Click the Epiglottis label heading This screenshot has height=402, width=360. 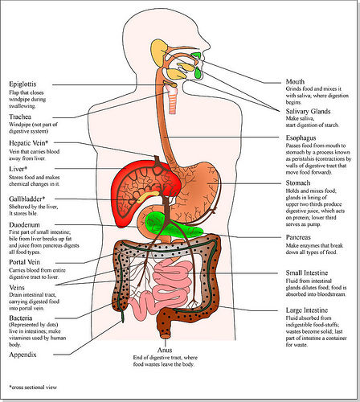point(22,84)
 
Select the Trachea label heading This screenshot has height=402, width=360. point(20,117)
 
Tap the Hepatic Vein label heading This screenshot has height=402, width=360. point(28,143)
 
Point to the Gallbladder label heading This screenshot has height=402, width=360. point(27,199)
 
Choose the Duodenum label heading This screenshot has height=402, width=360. point(24,225)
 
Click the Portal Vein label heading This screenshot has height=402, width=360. point(24,262)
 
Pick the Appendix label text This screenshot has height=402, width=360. point(22,355)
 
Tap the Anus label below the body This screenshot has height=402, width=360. point(165,350)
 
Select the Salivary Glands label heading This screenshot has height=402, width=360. point(308,112)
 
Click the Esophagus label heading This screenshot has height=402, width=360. point(301,138)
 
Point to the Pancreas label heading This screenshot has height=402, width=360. point(298,237)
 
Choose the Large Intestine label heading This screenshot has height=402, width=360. point(307,310)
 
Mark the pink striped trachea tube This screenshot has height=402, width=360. point(173,100)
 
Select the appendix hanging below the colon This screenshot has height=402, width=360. point(122,316)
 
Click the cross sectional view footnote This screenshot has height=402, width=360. point(33,388)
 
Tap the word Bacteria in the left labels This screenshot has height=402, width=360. point(21,318)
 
